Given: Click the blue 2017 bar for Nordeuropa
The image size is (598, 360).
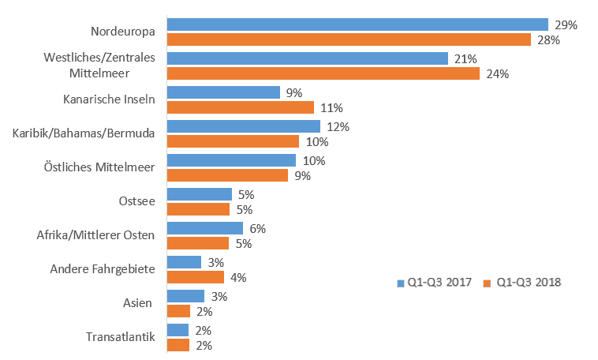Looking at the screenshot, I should (357, 24).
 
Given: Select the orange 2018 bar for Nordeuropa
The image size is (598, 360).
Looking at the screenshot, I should (349, 39).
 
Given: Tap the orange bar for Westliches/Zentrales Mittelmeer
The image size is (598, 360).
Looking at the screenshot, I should (323, 73).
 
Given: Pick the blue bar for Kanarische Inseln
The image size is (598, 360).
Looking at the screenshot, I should (223, 92).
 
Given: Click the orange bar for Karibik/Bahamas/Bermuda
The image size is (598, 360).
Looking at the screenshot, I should (233, 141).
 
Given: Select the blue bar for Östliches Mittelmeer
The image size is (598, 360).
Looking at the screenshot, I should (231, 160).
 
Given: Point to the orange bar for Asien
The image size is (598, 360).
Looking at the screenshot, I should (178, 311).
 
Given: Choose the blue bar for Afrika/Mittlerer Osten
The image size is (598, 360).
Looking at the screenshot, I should (205, 228).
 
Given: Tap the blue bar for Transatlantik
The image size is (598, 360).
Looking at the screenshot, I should (178, 330).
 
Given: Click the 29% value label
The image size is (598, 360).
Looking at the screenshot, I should (566, 25).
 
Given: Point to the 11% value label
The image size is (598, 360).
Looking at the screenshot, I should (331, 107).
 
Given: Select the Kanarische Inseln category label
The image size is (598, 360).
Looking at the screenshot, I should (109, 99).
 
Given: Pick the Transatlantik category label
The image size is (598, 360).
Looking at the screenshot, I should (120, 338).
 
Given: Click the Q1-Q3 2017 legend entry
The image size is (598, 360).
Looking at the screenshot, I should (434, 282).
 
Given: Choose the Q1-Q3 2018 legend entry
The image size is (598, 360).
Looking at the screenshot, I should (522, 282).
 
